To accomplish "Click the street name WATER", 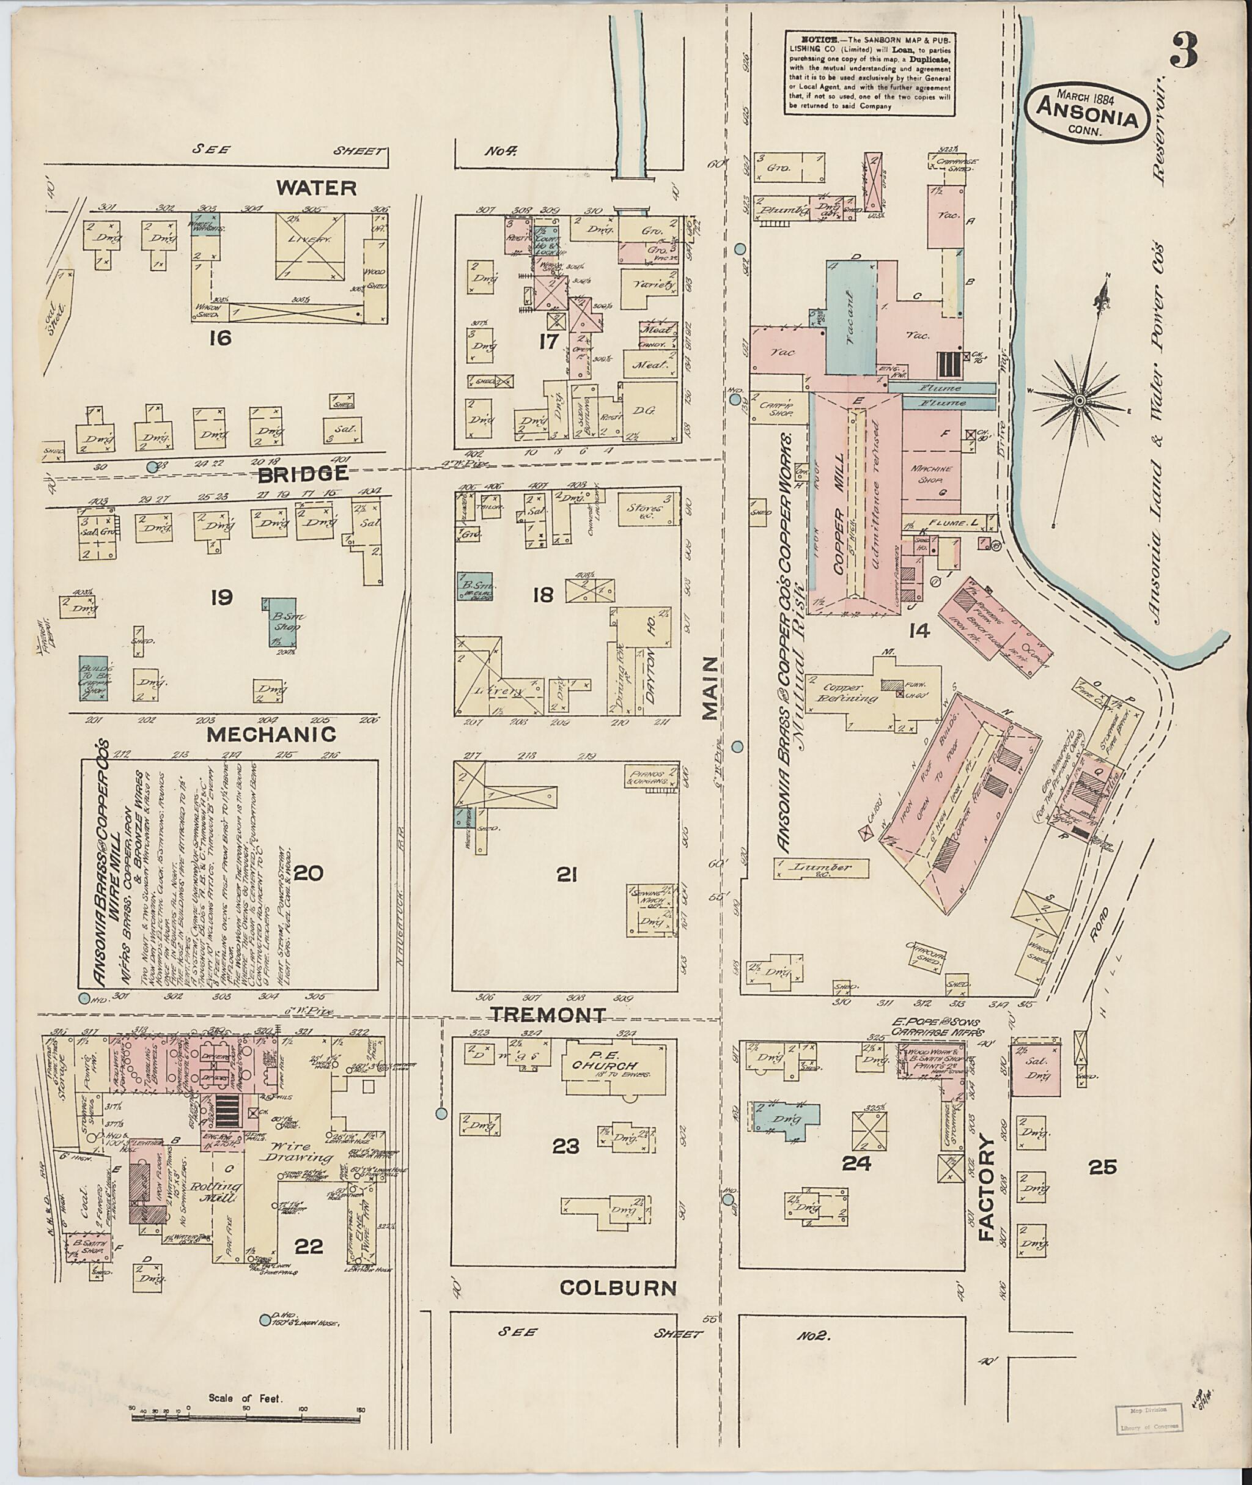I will (316, 188).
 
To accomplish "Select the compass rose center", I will (1079, 401).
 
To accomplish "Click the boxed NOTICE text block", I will (869, 72).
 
